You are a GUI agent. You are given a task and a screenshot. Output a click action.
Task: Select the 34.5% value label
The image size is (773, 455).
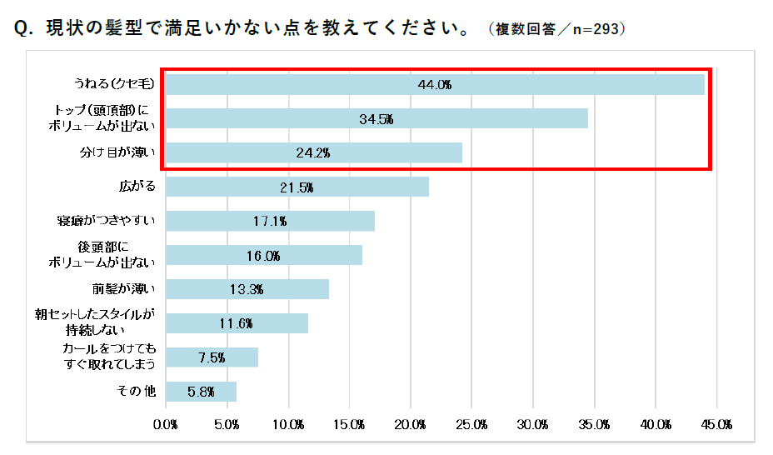point(376,119)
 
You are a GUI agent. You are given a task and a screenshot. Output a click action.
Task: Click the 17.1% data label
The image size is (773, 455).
point(270,222)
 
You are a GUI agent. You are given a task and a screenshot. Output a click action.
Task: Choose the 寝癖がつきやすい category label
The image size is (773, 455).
point(103,222)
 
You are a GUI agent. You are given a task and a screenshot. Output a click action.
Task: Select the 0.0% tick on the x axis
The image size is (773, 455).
point(167,424)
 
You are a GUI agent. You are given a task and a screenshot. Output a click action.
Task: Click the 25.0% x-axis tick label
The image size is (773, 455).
point(472,424)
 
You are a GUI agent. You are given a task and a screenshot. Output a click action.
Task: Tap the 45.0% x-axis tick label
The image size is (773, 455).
point(717,424)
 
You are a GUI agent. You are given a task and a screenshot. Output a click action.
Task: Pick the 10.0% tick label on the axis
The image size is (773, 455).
point(289,424)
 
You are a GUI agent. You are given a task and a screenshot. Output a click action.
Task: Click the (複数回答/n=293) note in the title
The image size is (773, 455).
point(557,29)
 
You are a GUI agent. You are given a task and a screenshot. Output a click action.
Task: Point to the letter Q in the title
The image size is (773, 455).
point(22,29)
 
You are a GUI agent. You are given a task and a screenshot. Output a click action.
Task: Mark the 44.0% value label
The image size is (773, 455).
point(434,85)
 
